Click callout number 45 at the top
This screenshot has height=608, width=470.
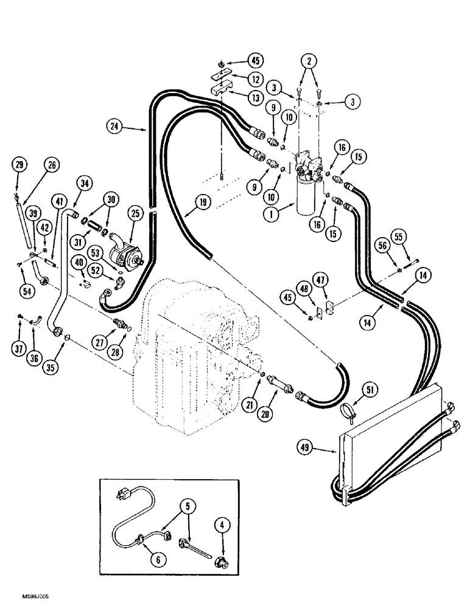254,60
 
